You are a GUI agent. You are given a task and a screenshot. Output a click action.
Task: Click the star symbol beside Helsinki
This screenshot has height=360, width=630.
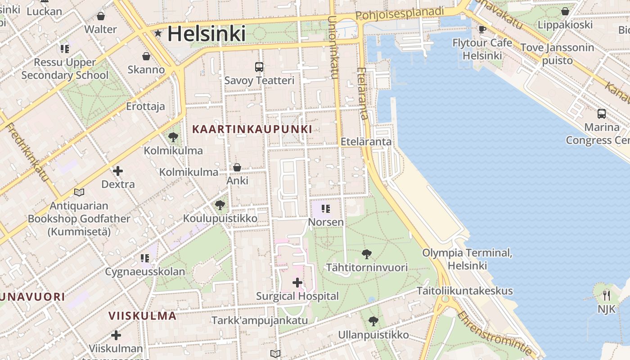158,33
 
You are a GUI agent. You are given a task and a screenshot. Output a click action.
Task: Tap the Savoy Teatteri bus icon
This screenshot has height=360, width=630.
259,67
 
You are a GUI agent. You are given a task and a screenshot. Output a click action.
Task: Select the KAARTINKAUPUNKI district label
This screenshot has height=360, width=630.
252,129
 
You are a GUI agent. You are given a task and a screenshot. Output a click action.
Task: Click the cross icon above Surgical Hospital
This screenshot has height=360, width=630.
297,283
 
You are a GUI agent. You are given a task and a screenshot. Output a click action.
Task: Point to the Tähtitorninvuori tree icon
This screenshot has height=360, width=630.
367,254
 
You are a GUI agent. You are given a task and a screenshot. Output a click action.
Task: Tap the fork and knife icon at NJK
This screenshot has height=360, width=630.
607,296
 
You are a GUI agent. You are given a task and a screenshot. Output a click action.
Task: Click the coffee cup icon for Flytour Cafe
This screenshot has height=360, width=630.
482,30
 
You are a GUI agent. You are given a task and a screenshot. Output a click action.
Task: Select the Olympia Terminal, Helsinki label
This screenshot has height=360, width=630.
467,259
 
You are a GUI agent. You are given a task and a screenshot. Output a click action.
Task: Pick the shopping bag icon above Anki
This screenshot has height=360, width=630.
237,167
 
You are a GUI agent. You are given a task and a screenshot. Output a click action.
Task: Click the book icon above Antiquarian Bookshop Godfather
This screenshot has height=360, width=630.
79,193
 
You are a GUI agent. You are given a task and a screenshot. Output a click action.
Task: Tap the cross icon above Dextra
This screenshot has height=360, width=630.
118,171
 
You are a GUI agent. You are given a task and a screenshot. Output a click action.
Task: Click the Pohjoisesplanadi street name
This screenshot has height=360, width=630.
400,13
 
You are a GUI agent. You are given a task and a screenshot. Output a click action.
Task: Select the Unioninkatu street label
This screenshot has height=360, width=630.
333,47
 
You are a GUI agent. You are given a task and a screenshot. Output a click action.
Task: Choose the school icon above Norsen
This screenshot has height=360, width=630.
326,209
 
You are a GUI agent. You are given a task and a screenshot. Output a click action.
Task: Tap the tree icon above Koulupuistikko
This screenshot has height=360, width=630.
220,205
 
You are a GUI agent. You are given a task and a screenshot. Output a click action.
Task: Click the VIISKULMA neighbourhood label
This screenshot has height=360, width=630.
142,315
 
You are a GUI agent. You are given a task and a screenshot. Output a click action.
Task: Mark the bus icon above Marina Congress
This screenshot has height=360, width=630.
602,114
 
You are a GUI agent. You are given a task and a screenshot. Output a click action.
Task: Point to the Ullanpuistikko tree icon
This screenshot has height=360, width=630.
373,321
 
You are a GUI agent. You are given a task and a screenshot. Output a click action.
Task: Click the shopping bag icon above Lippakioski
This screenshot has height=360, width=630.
565,12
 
